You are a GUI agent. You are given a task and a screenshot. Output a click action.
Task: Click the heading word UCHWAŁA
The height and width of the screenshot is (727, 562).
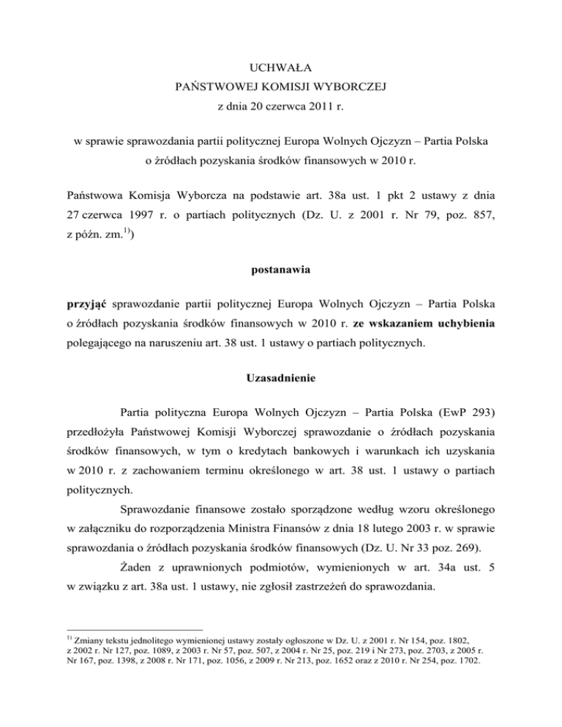click(x=281, y=69)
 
